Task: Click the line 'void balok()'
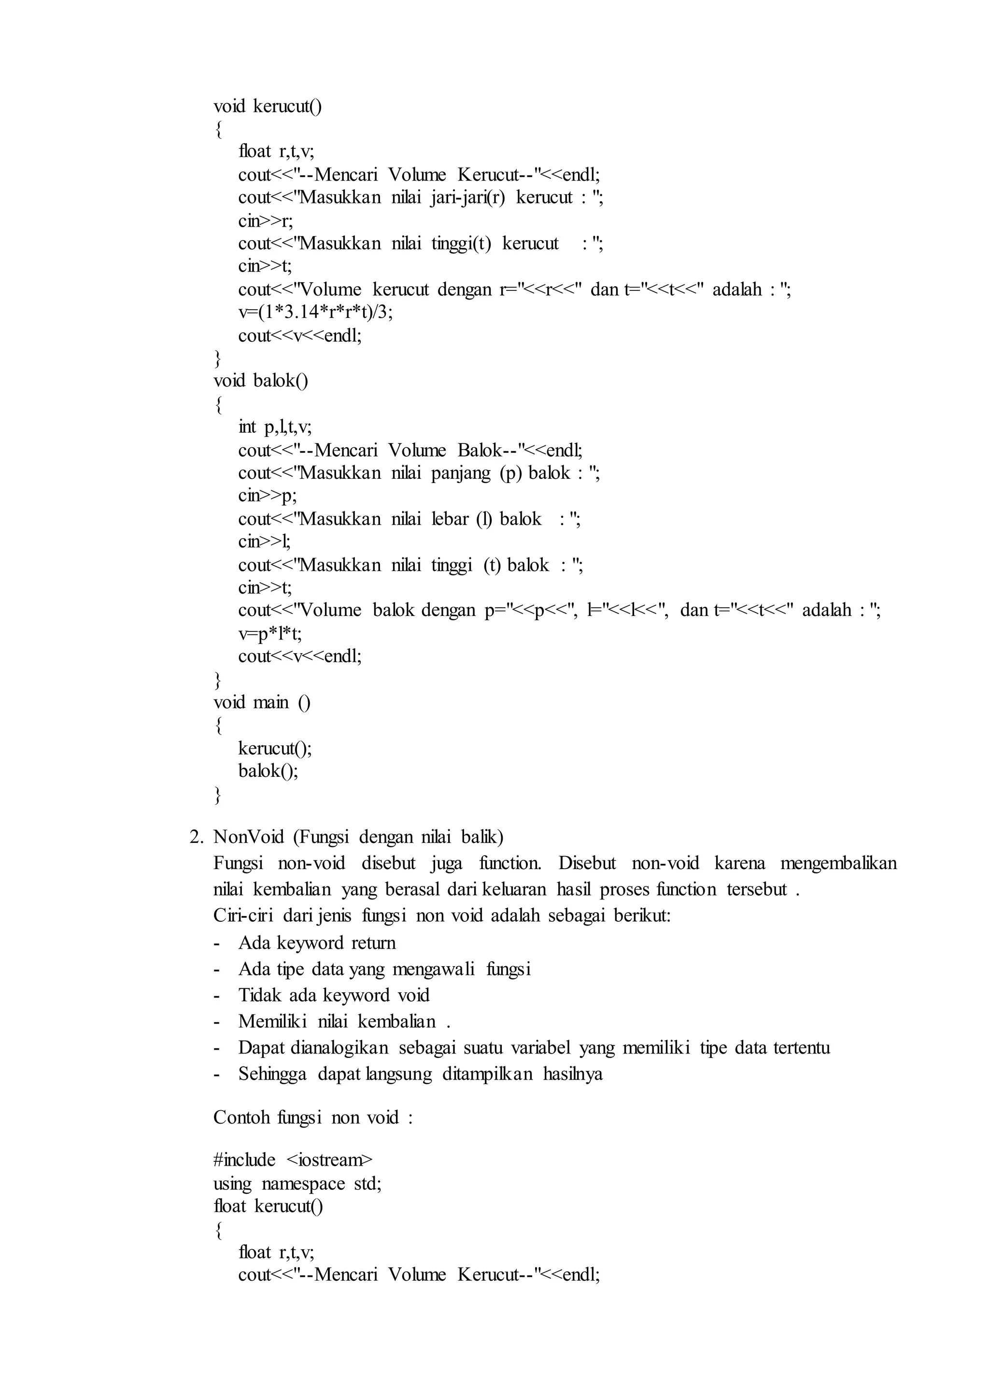pyautogui.click(x=261, y=381)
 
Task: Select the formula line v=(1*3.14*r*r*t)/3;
pyautogui.click(x=315, y=312)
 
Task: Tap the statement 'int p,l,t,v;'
pyautogui.click(x=275, y=427)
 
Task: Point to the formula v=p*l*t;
pyautogui.click(x=270, y=634)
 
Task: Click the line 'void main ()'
pyautogui.click(x=262, y=702)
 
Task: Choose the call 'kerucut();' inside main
pyautogui.click(x=275, y=748)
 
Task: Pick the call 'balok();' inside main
pyautogui.click(x=268, y=771)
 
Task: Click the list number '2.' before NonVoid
pyautogui.click(x=196, y=837)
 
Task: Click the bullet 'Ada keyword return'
pyautogui.click(x=317, y=942)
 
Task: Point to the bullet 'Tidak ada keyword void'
pyautogui.click(x=334, y=995)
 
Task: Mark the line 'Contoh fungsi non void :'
pyautogui.click(x=313, y=1117)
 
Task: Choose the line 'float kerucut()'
pyautogui.click(x=268, y=1206)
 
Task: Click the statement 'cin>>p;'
pyautogui.click(x=268, y=495)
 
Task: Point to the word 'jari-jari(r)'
pyautogui.click(x=468, y=198)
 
